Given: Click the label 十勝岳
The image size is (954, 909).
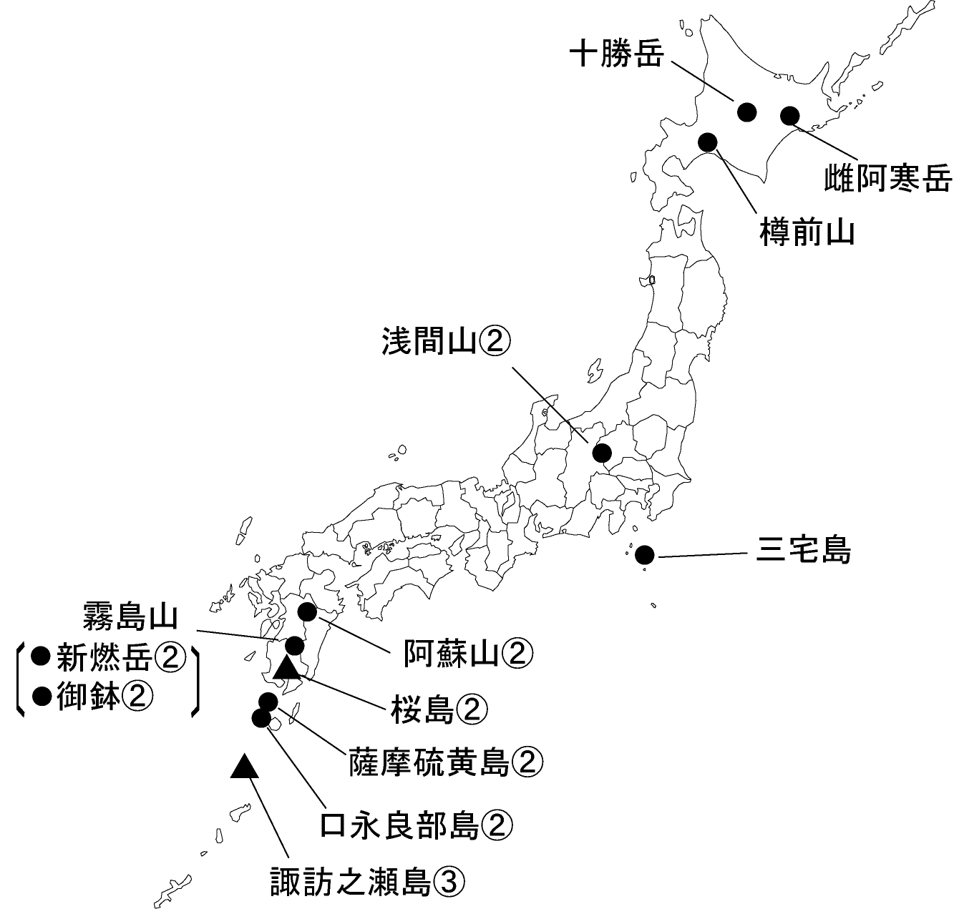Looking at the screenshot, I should pyautogui.click(x=617, y=54).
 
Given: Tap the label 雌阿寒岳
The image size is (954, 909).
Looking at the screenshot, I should pyautogui.click(x=888, y=179).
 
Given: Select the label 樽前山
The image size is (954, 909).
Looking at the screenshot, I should pyautogui.click(x=807, y=232).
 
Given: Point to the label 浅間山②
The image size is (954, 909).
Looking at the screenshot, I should pyautogui.click(x=445, y=342).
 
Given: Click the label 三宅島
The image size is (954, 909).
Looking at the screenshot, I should pyautogui.click(x=804, y=551).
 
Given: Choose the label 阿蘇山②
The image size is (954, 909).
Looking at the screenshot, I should pyautogui.click(x=469, y=652).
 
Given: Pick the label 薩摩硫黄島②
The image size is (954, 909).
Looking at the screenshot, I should pyautogui.click(x=446, y=763).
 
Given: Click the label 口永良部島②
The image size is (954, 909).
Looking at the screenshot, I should pyautogui.click(x=417, y=825).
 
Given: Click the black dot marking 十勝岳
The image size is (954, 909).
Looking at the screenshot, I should pyautogui.click(x=746, y=111).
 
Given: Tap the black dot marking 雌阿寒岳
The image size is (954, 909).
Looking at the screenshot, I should pyautogui.click(x=790, y=115).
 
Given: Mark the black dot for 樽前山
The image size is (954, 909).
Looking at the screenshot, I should pyautogui.click(x=708, y=142).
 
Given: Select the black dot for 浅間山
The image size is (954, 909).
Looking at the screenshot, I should pyautogui.click(x=602, y=453).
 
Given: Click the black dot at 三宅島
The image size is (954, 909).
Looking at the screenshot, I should pyautogui.click(x=644, y=554).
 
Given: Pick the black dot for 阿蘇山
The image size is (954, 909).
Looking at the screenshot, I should pyautogui.click(x=307, y=611).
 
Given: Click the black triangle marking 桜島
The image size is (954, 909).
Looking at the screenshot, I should pyautogui.click(x=286, y=668).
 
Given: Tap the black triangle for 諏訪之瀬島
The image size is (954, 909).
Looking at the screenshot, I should pyautogui.click(x=244, y=767).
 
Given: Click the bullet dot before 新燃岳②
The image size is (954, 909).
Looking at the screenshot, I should pyautogui.click(x=42, y=654).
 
